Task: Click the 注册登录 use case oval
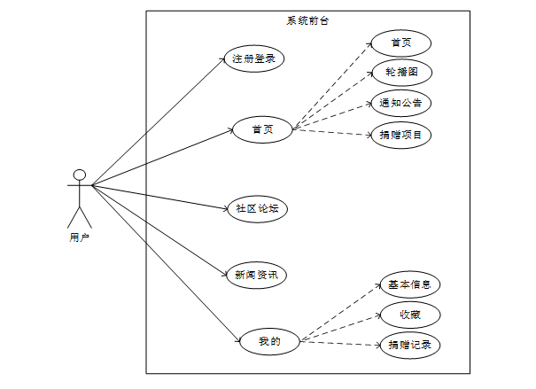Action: (x=253, y=59)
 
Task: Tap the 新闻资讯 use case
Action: (x=255, y=275)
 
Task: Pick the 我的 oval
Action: (x=269, y=340)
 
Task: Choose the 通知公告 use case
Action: (x=400, y=103)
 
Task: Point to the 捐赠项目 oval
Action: (x=400, y=135)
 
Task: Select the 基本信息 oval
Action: (x=409, y=284)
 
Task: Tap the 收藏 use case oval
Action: (x=409, y=314)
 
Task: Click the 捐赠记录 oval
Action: (x=409, y=344)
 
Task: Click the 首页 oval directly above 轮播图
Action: (x=400, y=43)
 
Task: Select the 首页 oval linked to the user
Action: (x=262, y=131)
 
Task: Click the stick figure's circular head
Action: (x=79, y=175)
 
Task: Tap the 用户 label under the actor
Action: (x=79, y=237)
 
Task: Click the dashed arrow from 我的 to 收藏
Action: (x=341, y=327)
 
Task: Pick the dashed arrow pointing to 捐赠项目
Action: (x=332, y=132)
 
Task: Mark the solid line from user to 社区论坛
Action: (x=159, y=197)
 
